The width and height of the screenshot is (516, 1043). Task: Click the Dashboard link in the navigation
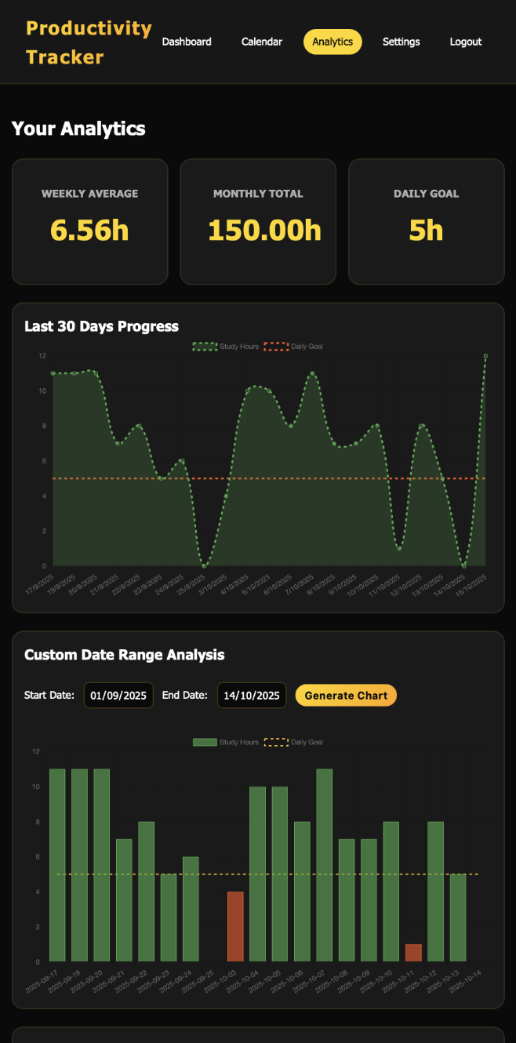[x=187, y=42]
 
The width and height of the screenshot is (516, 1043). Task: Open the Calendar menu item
[x=262, y=42]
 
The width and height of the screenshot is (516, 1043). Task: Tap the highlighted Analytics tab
[x=332, y=42]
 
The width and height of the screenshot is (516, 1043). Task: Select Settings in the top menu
[x=401, y=42]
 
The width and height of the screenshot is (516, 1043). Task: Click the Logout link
[x=466, y=42]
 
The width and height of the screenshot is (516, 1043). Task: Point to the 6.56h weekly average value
[x=89, y=230]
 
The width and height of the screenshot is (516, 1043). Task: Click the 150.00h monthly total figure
[x=264, y=230]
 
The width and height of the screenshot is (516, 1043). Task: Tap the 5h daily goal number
[x=426, y=230]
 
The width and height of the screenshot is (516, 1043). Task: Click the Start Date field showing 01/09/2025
[x=118, y=695]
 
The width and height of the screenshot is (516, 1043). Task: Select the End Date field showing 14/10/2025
[x=252, y=695]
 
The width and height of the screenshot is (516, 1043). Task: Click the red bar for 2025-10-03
[x=235, y=925]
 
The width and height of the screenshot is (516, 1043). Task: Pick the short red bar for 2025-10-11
[x=413, y=952]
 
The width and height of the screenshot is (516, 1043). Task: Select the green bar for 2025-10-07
[x=325, y=863]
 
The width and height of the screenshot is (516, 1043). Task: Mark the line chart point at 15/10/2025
[x=485, y=356]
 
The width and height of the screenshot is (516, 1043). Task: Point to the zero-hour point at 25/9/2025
[x=204, y=565]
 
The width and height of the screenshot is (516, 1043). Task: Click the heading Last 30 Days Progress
[x=101, y=326]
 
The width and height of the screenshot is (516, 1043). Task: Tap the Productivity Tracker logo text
[x=89, y=42]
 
